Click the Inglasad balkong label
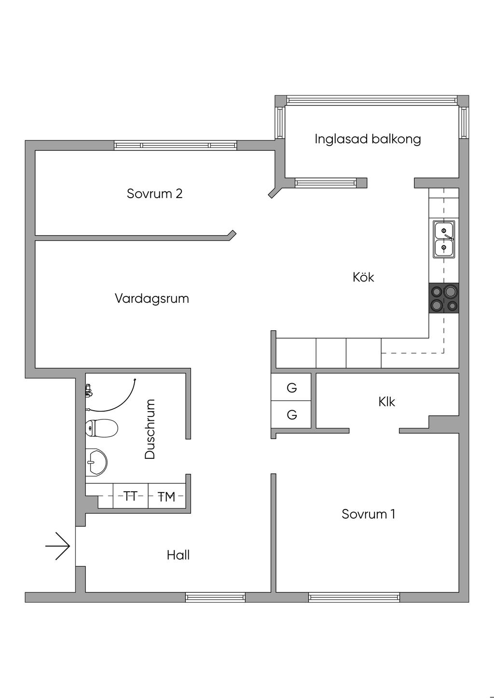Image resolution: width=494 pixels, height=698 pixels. click(x=368, y=139)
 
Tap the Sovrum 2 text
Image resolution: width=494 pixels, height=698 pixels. click(x=154, y=194)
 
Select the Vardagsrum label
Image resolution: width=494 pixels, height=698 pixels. click(x=151, y=298)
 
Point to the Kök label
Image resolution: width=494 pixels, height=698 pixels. click(x=363, y=277)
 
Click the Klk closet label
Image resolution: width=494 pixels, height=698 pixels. click(x=386, y=402)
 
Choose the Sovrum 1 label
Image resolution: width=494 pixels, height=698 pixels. click(x=368, y=514)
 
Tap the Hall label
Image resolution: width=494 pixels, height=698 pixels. click(x=178, y=555)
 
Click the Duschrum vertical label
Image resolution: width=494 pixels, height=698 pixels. click(x=150, y=429)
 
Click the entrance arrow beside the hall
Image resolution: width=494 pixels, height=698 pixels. click(x=58, y=546)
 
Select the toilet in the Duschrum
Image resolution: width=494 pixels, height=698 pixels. click(x=101, y=428)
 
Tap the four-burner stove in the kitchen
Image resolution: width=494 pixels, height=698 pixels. click(x=444, y=298)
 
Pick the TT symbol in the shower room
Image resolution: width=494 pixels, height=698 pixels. click(x=130, y=496)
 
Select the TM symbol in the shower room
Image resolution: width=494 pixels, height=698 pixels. click(x=166, y=497)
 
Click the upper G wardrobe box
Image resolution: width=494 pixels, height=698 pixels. click(x=291, y=388)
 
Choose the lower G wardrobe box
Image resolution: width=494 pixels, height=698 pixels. click(x=291, y=415)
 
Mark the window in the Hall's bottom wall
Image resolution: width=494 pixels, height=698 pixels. click(x=215, y=597)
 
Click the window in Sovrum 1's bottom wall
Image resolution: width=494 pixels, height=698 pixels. click(x=354, y=597)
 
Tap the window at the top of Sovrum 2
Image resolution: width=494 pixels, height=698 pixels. click(x=176, y=145)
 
